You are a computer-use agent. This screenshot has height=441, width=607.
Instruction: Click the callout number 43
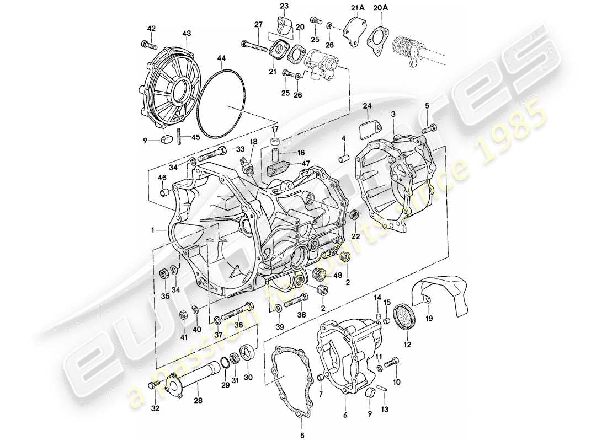[x=187, y=34]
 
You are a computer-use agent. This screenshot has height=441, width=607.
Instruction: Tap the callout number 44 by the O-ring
[x=221, y=58]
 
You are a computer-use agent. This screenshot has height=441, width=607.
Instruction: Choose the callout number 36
[x=238, y=325]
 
